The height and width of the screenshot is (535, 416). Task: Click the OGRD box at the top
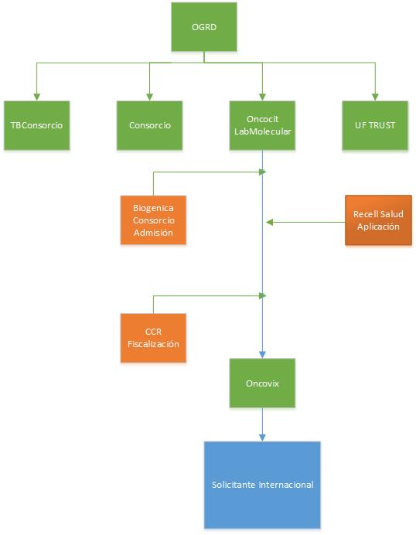[204, 27]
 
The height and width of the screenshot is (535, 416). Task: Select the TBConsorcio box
[37, 125]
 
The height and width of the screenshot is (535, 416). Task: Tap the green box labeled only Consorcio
[149, 125]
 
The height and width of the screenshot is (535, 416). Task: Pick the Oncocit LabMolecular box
[262, 125]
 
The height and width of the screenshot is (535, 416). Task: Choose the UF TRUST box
[375, 125]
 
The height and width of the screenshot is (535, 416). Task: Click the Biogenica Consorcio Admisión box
[153, 220]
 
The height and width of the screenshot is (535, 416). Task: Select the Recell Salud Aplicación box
[378, 220]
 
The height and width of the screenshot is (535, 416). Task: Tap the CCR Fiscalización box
[153, 338]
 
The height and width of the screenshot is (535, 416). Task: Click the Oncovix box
[262, 383]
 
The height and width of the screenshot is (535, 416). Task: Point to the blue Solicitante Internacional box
[262, 485]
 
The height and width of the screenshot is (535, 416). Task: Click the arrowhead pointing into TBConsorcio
[37, 97]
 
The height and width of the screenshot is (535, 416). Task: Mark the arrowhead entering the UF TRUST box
[375, 97]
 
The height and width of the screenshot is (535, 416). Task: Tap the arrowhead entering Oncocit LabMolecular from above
[262, 97]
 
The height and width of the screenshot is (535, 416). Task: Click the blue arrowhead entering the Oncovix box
[262, 355]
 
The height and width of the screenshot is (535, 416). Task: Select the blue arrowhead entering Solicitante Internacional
[262, 438]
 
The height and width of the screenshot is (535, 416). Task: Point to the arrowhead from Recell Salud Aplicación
[270, 223]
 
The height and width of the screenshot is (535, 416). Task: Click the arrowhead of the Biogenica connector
[262, 172]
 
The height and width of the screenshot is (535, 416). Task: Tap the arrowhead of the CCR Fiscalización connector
[262, 296]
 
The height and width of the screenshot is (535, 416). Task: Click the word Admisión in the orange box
[153, 233]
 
